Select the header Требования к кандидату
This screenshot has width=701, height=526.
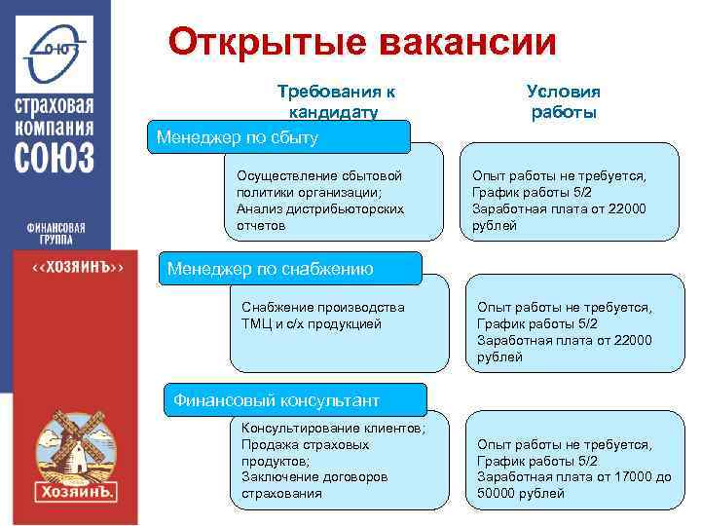coord(336,101)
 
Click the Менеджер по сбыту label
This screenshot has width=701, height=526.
coord(238,138)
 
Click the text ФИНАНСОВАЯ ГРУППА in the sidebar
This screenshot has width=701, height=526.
coord(55,235)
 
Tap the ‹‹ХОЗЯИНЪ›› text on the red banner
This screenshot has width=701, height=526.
coord(78,267)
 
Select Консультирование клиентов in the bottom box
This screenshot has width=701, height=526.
coord(332,428)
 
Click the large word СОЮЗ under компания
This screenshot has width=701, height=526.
coord(55,157)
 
